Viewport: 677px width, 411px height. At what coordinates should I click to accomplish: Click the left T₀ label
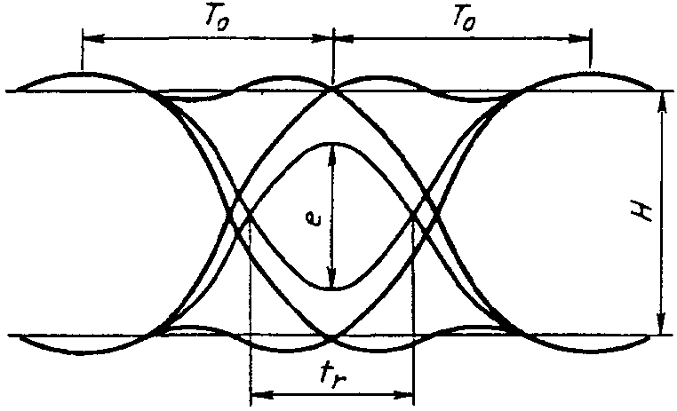[216, 20]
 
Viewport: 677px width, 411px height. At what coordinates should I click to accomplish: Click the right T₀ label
[464, 19]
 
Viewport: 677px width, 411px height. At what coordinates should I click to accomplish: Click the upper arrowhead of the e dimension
[332, 153]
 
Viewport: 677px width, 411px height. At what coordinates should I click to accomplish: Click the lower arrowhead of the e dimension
[331, 278]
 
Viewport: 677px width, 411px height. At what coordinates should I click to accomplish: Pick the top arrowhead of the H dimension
[662, 103]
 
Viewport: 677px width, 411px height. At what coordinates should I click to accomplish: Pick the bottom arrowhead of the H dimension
[661, 323]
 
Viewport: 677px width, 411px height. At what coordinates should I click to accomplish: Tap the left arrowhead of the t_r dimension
[261, 394]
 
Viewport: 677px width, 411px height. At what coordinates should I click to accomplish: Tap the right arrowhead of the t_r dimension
[402, 394]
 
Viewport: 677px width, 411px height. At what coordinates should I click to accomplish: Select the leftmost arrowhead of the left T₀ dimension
[93, 38]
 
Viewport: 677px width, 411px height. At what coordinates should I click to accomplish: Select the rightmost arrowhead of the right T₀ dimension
[580, 38]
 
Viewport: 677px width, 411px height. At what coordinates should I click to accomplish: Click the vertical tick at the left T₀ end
[82, 49]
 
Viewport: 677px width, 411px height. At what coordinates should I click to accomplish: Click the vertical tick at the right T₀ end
[591, 48]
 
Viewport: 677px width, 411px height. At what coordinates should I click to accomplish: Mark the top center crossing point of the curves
[332, 90]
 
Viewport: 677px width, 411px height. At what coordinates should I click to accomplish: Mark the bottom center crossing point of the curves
[331, 336]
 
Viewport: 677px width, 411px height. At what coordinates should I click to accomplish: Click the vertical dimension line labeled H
[661, 213]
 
